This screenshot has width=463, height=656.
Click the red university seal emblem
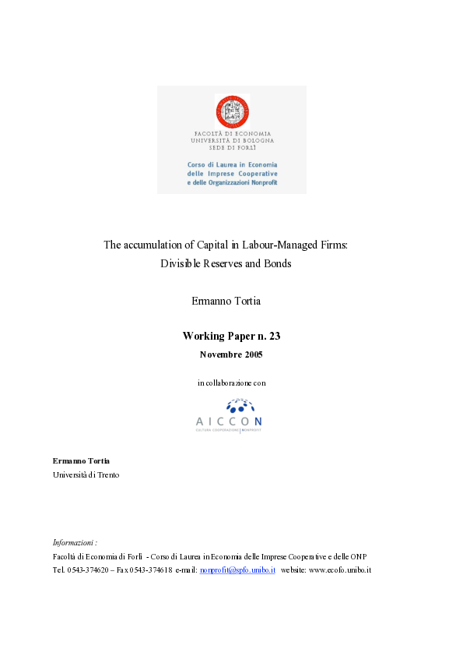(x=232, y=111)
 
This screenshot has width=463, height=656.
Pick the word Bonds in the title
(x=277, y=263)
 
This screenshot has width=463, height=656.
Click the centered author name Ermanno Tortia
(x=231, y=301)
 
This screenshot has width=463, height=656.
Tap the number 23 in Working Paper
(x=273, y=337)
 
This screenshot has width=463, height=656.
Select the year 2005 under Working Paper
(x=251, y=354)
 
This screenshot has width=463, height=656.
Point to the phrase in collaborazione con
(x=231, y=383)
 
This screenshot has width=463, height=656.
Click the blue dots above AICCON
(x=240, y=405)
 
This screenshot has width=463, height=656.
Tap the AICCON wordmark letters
(x=229, y=421)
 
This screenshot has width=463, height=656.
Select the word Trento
(x=106, y=474)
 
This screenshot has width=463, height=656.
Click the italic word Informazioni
(x=74, y=542)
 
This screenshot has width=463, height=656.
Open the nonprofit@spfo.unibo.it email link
(x=237, y=570)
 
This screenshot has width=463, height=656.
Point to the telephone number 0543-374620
(x=88, y=570)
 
